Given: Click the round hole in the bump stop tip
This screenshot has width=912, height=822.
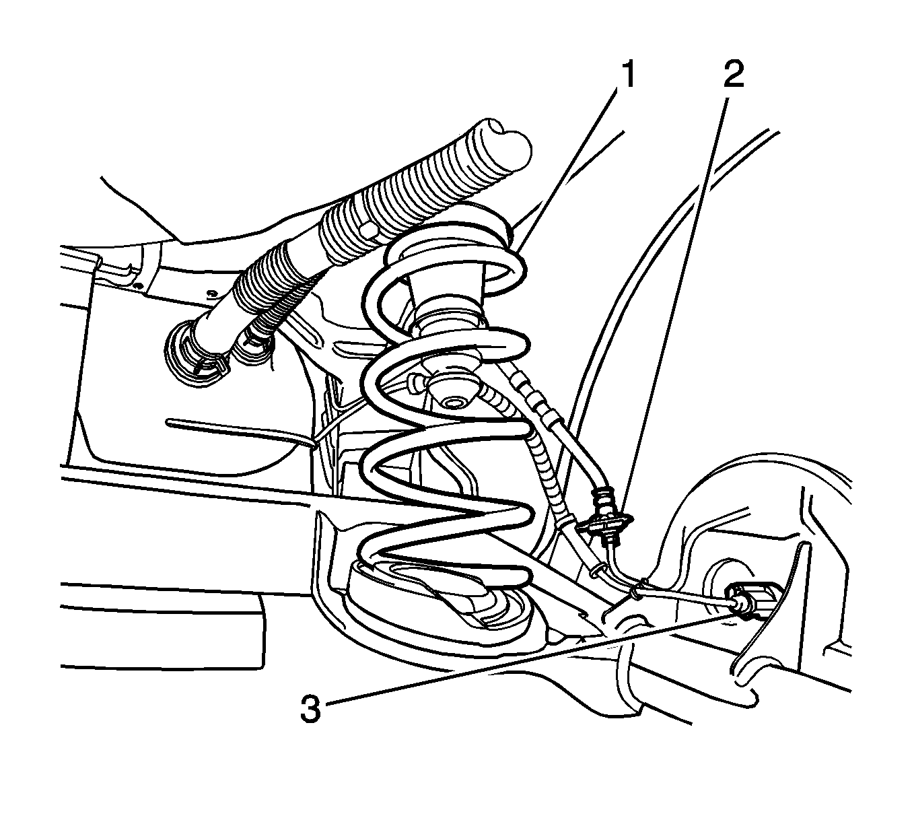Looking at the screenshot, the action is (454, 403).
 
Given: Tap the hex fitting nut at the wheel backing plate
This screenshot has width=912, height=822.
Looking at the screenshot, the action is (750, 601).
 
